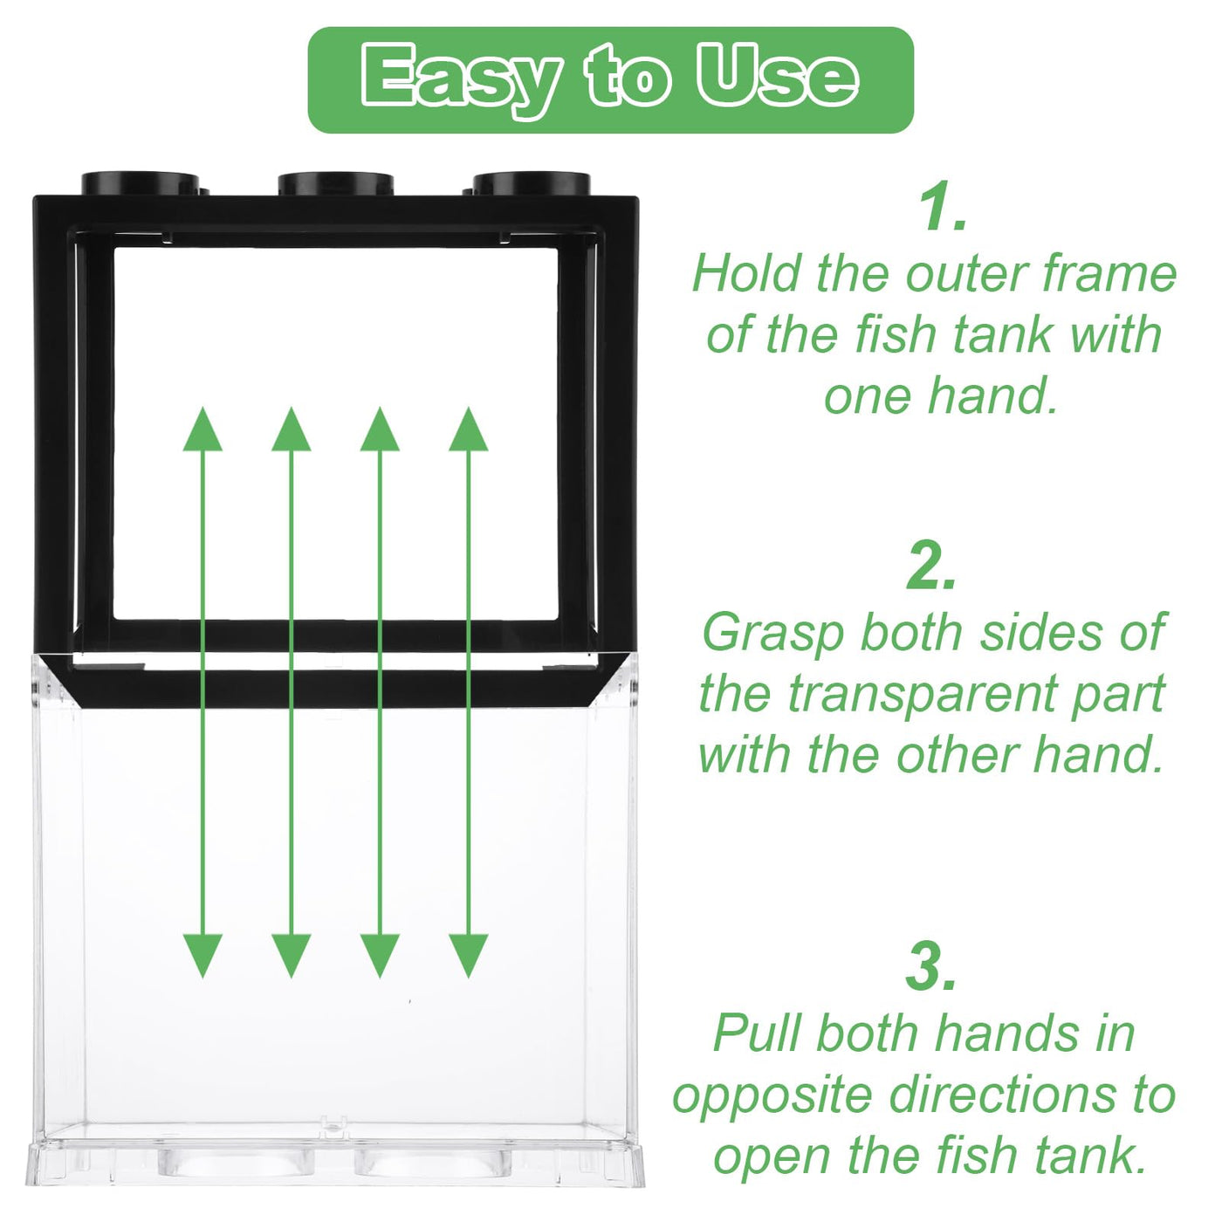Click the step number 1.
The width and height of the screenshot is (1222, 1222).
(x=943, y=208)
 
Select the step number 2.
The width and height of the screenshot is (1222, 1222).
(x=931, y=565)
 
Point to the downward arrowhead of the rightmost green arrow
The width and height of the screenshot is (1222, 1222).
(x=469, y=956)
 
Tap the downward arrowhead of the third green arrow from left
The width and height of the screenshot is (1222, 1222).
(x=380, y=956)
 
